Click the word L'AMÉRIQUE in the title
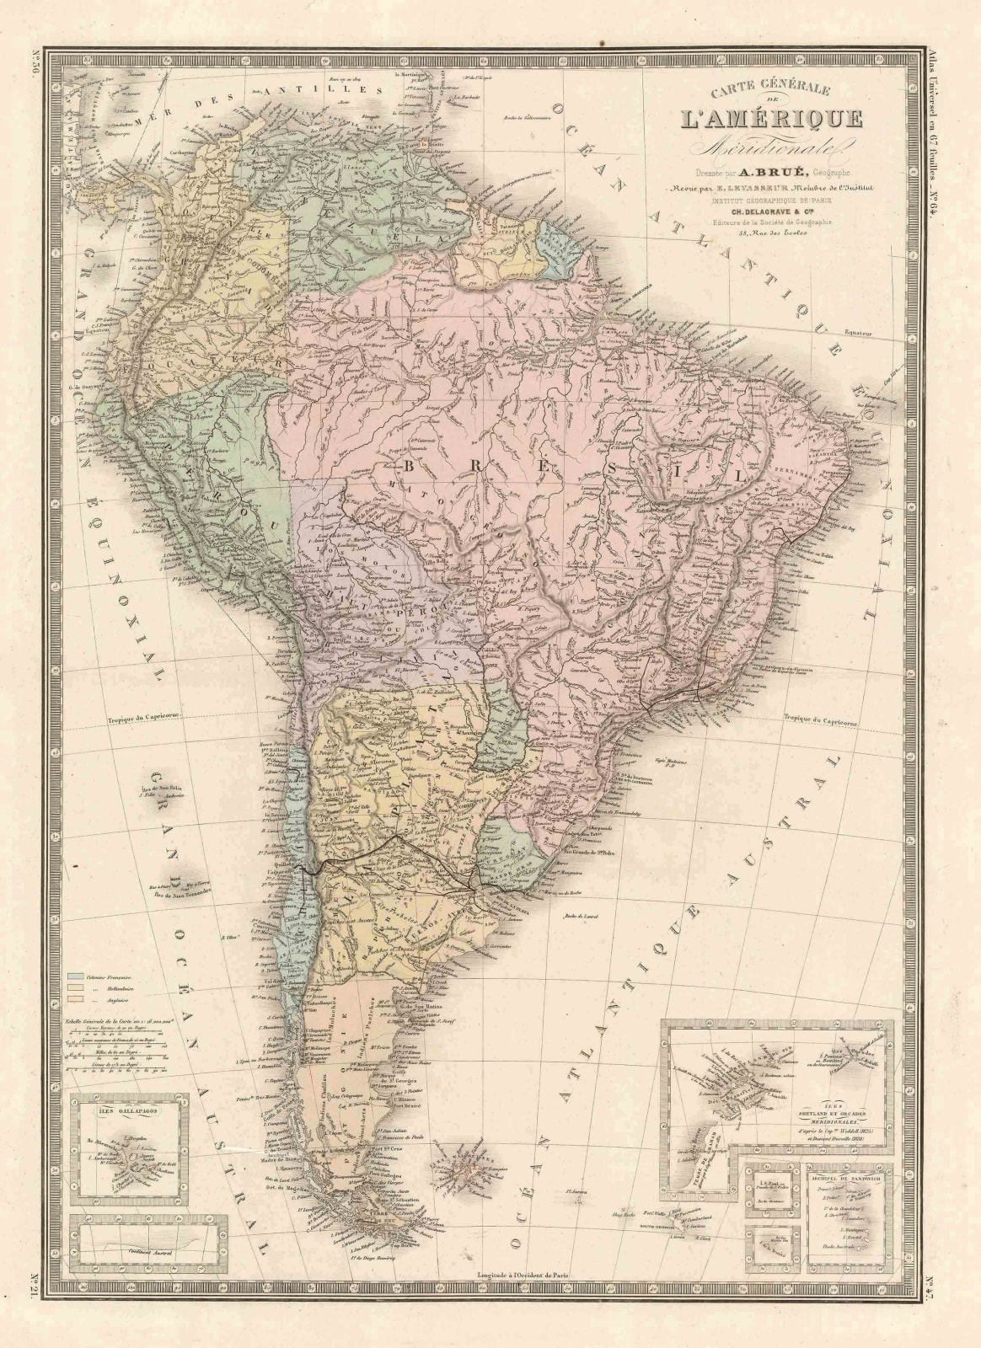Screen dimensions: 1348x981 (766, 118)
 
